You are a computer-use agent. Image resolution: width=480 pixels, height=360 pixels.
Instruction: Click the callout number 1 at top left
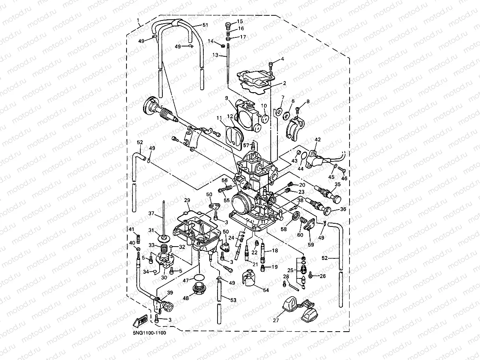click(138, 20)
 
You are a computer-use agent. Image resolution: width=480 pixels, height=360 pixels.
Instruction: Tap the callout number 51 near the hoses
click(205, 25)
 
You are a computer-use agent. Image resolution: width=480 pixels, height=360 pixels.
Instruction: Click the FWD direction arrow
click(142, 321)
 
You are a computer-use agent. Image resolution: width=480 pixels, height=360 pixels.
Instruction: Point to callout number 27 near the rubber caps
click(275, 320)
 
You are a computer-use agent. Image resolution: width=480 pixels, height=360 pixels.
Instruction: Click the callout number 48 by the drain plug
click(186, 298)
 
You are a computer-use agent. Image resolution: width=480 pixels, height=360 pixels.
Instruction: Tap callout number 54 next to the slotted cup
click(266, 289)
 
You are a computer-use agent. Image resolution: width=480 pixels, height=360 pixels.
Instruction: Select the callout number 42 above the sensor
click(318, 139)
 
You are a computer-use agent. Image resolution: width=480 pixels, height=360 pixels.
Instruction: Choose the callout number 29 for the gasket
click(187, 200)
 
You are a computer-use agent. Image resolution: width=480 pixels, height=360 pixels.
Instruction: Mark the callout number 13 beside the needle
click(216, 55)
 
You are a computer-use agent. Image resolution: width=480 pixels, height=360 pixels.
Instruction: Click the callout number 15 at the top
click(240, 21)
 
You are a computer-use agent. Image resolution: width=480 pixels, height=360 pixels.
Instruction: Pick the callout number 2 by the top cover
click(284, 84)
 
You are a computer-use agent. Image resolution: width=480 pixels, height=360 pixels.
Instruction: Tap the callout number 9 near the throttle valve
click(227, 98)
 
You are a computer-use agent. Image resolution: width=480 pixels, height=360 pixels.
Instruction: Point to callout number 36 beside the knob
click(343, 209)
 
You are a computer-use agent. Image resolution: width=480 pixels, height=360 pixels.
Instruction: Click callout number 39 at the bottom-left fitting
click(170, 292)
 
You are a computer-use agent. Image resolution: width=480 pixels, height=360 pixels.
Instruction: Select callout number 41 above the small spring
click(132, 229)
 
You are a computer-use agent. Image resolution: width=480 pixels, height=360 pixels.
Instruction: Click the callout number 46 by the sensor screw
click(344, 178)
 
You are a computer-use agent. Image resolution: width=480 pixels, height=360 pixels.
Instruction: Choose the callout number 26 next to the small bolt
click(323, 276)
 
